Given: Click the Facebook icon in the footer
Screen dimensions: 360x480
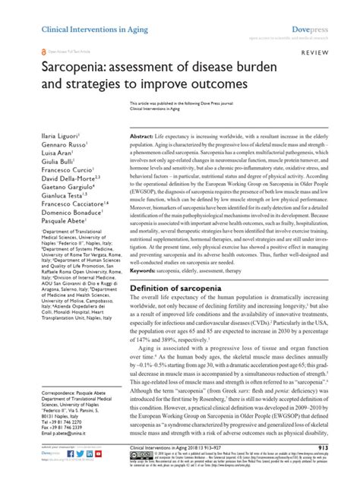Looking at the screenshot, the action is point(71,453).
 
